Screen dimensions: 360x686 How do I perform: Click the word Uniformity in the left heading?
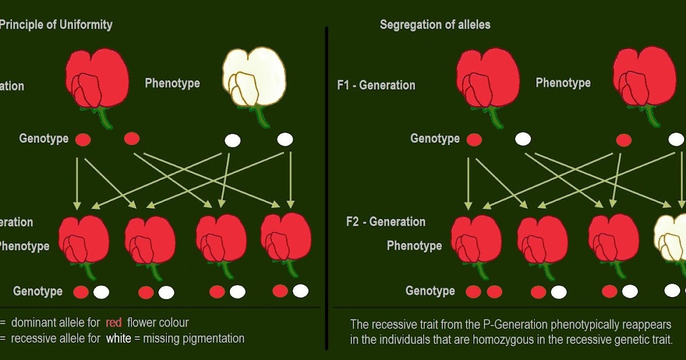click(x=86, y=25)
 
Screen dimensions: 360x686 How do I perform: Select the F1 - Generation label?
click(x=376, y=85)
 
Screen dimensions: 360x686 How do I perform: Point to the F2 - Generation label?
click(x=386, y=222)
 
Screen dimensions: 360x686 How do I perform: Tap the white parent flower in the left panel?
click(x=253, y=77)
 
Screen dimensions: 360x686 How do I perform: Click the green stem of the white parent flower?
click(x=262, y=117)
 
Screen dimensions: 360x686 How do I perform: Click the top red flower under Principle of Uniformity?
click(x=97, y=78)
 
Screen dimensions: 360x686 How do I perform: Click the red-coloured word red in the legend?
click(x=114, y=323)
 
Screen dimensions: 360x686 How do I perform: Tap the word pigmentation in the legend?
click(x=212, y=338)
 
